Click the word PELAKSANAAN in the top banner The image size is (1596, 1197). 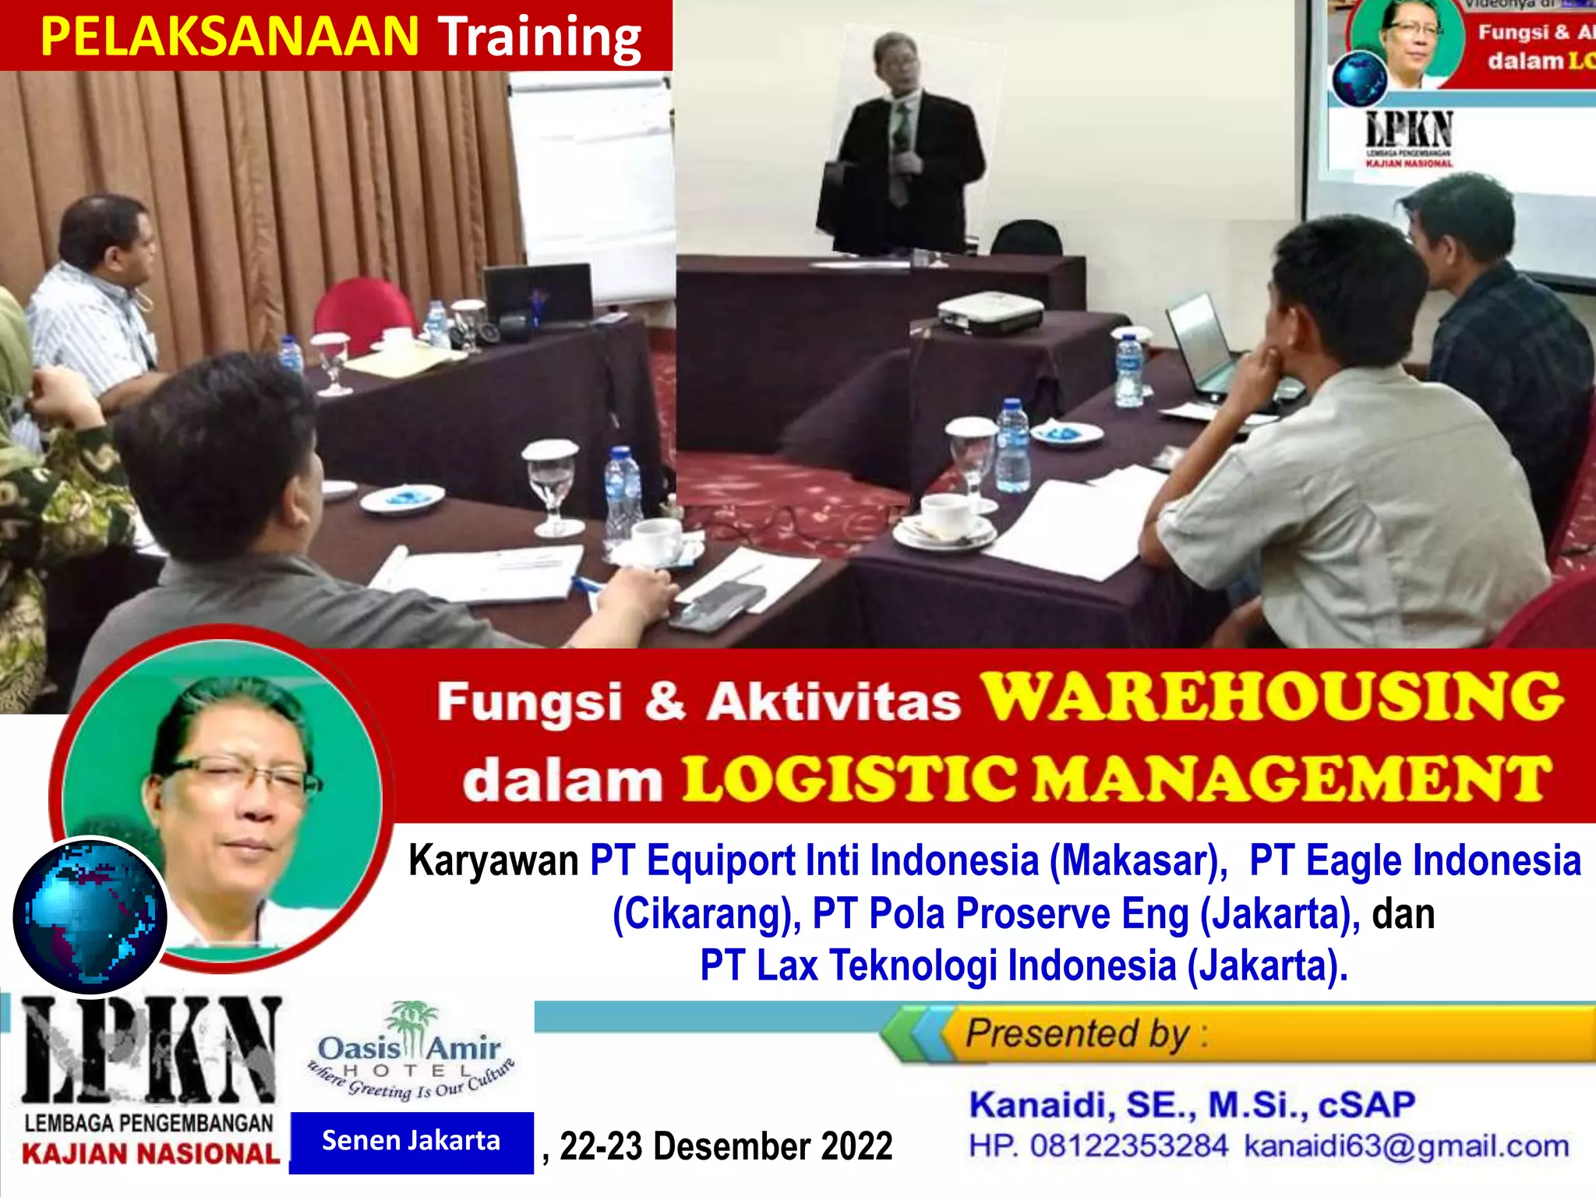229,37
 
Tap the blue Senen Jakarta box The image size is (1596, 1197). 411,1142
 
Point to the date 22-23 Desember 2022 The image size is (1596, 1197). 726,1146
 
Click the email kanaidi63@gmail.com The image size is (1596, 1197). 1407,1146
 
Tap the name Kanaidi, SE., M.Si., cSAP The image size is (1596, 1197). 1192,1104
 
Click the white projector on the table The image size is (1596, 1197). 990,312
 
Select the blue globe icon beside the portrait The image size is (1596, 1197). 90,916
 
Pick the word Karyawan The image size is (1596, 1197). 493,861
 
